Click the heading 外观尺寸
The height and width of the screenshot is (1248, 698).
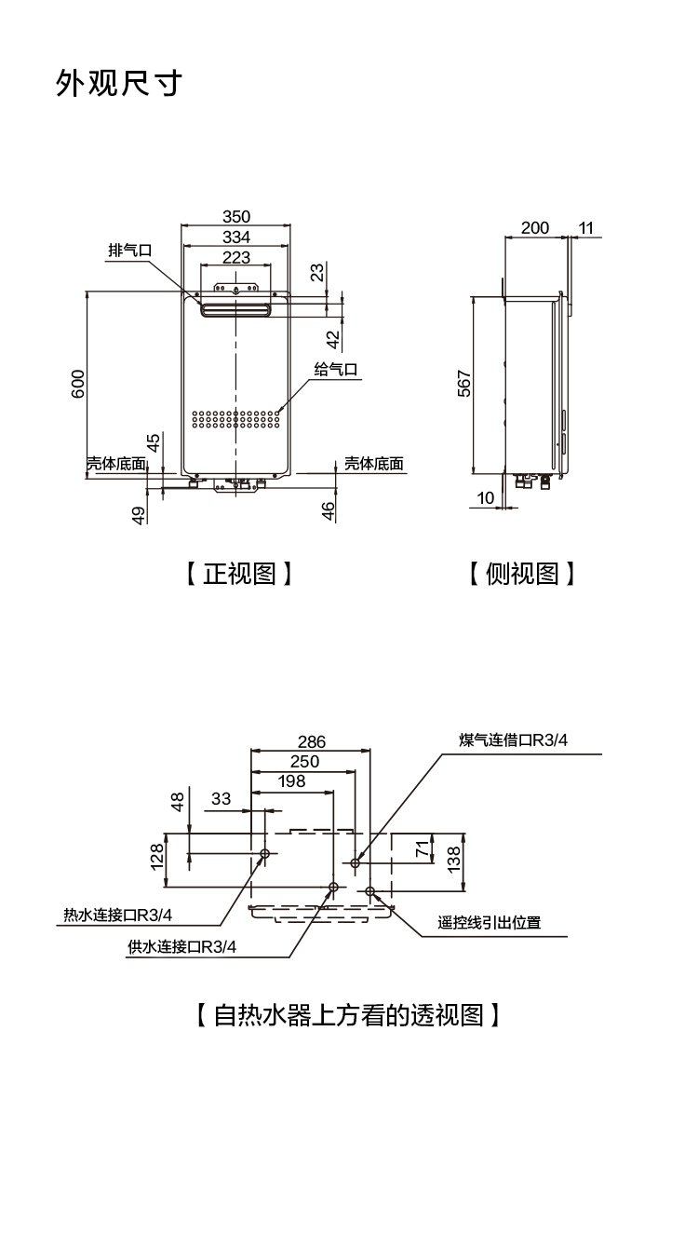(x=118, y=84)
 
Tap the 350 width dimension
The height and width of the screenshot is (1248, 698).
(x=236, y=217)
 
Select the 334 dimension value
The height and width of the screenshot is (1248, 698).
(x=236, y=237)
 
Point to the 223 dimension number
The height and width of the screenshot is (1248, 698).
(x=236, y=257)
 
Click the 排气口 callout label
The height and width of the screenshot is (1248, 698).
(x=129, y=251)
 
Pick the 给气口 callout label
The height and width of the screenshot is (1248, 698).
(x=336, y=370)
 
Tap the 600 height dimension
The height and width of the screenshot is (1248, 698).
(x=78, y=384)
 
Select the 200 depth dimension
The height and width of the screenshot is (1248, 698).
(x=535, y=228)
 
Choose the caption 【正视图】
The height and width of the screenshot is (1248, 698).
(x=239, y=574)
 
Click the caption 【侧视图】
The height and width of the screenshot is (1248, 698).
(x=522, y=574)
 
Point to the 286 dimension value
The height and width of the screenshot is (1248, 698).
(x=312, y=742)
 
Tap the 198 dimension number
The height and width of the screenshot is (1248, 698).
(x=291, y=781)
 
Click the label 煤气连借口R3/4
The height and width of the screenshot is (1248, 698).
(x=513, y=740)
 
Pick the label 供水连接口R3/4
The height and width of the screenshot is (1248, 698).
(x=182, y=947)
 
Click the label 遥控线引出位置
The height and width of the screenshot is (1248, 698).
(x=490, y=923)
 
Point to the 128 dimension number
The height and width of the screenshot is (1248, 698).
(x=157, y=855)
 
